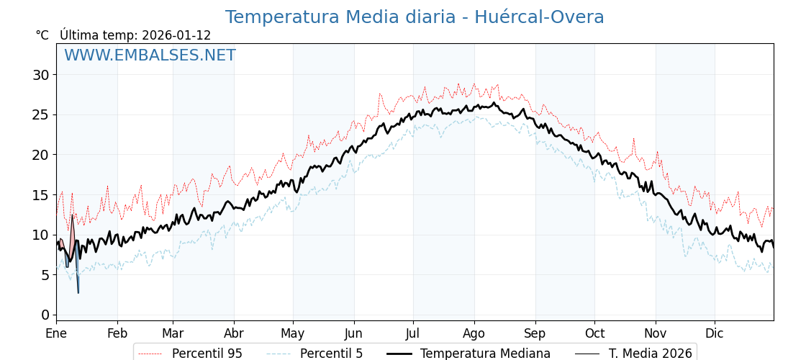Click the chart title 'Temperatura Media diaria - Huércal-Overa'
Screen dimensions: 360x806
pyautogui.click(x=415, y=17)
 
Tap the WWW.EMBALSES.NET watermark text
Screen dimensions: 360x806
pyautogui.click(x=150, y=55)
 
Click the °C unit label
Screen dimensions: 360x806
pyautogui.click(x=42, y=35)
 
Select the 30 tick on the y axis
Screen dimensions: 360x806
pyautogui.click(x=41, y=75)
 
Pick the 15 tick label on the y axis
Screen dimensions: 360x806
pyautogui.click(x=41, y=195)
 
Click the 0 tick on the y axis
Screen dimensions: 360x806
pyautogui.click(x=45, y=315)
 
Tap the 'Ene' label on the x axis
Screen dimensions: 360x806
pyautogui.click(x=56, y=334)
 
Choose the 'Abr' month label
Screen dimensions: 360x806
pyautogui.click(x=234, y=334)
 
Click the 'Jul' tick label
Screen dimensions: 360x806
pyautogui.click(x=413, y=334)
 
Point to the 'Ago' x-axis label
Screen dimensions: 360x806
pyautogui.click(x=474, y=334)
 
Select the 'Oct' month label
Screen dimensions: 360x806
pyautogui.click(x=594, y=334)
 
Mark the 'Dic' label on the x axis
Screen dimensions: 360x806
pyautogui.click(x=715, y=334)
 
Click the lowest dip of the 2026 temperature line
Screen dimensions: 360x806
pyautogui.click(x=78, y=292)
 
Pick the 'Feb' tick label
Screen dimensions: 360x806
pyautogui.click(x=117, y=334)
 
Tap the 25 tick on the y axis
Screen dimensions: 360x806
pyautogui.click(x=41, y=114)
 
